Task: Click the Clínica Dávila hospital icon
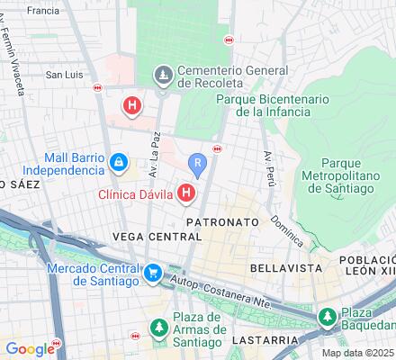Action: point(187,193)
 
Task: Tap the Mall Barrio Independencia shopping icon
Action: point(118,162)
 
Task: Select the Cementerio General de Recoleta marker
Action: point(164,75)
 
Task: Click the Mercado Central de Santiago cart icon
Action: point(154,271)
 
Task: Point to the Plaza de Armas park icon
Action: point(159,323)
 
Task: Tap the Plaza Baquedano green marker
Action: point(328,318)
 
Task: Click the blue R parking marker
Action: point(199,162)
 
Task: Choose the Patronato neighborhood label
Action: point(222,220)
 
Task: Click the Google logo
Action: point(30,349)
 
